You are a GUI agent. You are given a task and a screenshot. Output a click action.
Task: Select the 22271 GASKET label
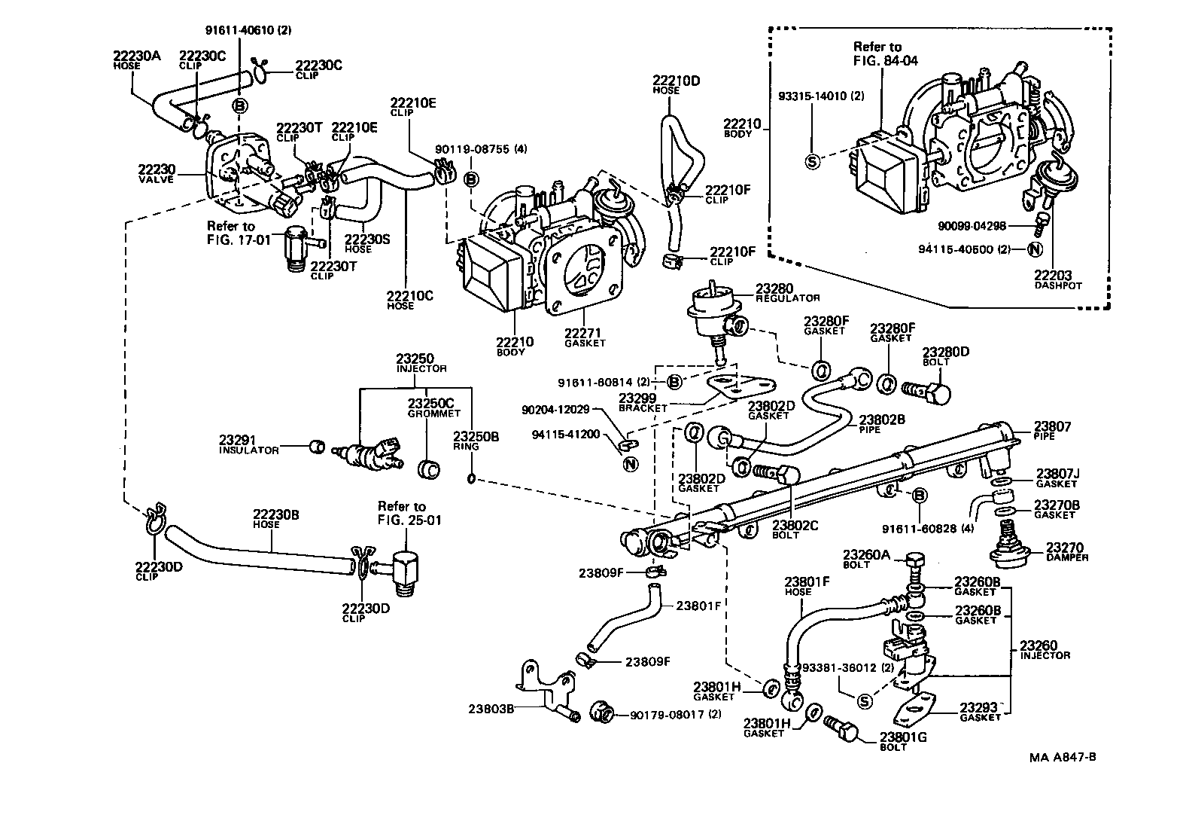coord(585,337)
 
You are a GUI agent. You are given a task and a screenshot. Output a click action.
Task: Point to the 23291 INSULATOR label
coord(248,444)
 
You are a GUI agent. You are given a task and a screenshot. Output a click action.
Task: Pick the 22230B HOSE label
coord(275,519)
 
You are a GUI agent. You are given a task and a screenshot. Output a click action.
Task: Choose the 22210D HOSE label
coord(676,84)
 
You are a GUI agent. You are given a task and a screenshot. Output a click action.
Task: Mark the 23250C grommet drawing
coord(428,469)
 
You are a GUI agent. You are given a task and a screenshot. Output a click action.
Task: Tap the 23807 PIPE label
coord(1053,430)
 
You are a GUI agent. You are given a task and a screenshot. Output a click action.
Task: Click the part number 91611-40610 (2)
coord(248,31)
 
